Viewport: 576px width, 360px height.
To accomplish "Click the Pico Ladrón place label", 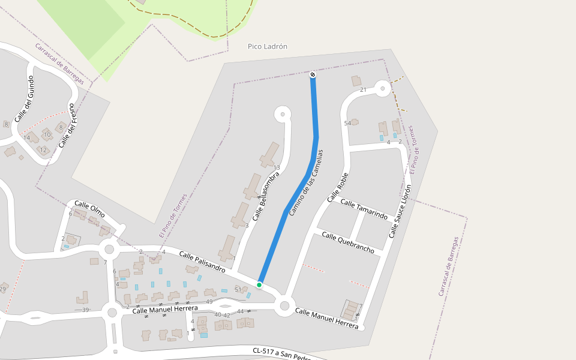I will coord(268,46).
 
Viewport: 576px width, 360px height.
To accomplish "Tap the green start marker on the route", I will coord(259,284).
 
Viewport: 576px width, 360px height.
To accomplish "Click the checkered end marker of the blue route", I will coord(313,74).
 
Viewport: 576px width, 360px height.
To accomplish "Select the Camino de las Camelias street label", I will coord(306,183).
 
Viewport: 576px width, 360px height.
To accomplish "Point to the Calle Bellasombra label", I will coord(266,196).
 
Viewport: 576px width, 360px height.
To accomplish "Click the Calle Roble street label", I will coord(338,187).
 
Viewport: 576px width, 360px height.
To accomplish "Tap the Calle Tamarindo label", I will coord(364,208).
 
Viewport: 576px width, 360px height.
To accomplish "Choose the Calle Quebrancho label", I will coord(348,242).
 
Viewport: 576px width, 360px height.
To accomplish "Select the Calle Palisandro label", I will coord(202,262).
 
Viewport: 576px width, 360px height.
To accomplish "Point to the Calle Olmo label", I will coord(89,209).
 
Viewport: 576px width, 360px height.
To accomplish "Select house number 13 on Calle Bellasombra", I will coord(277,167).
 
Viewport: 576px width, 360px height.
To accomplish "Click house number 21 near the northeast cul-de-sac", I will coord(363,90).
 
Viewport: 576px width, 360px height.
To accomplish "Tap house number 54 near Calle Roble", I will coord(347,124).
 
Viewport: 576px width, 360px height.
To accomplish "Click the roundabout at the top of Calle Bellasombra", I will coord(282,113).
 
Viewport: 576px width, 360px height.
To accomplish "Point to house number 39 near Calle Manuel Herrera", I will coord(85,310).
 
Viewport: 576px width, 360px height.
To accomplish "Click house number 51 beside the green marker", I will coord(238,290).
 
